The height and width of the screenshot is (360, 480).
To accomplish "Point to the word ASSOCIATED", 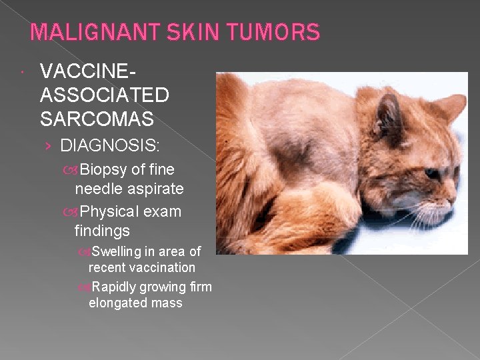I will (x=105, y=95).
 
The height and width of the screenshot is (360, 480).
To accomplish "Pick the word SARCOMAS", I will (x=97, y=119).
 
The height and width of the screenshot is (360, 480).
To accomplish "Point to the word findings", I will (x=102, y=231).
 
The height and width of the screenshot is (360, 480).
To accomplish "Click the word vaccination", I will (x=161, y=267).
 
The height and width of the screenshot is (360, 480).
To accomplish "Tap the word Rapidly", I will (x=115, y=287).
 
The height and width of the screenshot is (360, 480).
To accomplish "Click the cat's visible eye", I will (x=433, y=172).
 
